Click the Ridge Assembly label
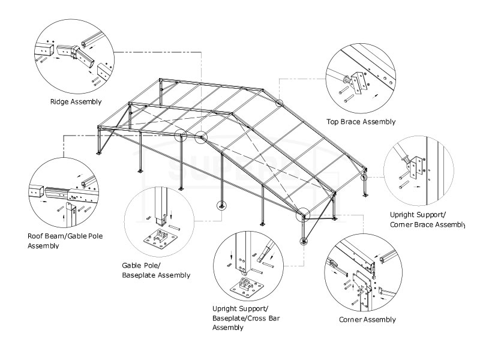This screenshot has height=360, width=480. point(76,102)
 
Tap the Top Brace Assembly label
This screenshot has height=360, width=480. point(361,122)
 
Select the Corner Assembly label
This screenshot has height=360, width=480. point(367,320)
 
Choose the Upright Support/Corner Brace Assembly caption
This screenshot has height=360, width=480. point(427,219)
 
